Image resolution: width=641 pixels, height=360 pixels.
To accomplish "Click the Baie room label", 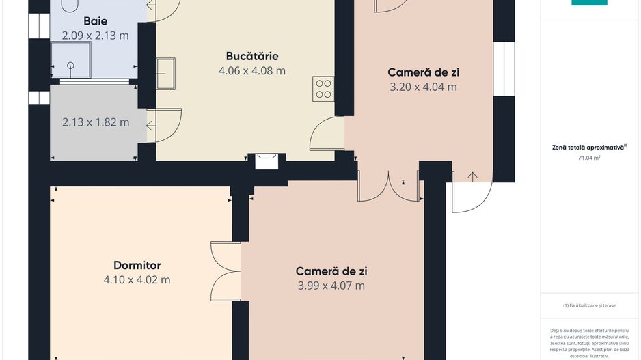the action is (x=95, y=21).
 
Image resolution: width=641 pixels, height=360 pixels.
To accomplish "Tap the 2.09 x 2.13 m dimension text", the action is (x=95, y=36).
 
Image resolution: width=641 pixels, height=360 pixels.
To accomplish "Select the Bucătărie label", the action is (x=251, y=56).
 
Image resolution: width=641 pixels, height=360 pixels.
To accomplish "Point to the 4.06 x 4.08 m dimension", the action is (x=251, y=70).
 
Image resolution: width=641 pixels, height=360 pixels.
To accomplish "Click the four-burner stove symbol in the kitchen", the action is (x=323, y=89).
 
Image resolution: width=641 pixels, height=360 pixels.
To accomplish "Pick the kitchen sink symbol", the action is (x=165, y=74).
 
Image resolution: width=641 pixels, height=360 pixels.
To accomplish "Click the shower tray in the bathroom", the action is (x=70, y=59).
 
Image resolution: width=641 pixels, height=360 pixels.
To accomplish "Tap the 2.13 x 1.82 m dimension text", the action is (x=96, y=122).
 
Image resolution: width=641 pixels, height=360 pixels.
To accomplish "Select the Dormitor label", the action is (x=137, y=265).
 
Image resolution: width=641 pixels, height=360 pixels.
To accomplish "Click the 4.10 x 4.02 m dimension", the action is (x=137, y=280).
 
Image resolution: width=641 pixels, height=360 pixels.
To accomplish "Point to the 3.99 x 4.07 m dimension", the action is (x=331, y=286).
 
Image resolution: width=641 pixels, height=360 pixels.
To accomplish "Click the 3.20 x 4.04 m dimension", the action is (x=423, y=87).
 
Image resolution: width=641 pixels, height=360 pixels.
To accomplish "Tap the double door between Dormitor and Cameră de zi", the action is (x=226, y=271).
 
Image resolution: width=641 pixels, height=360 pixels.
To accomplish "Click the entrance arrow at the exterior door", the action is (x=473, y=176).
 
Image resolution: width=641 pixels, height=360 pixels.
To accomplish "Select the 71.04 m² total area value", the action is (x=589, y=158).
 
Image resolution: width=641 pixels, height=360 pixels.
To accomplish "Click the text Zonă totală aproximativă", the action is (x=588, y=147).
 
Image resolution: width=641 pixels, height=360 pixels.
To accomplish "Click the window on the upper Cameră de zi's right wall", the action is (x=504, y=68).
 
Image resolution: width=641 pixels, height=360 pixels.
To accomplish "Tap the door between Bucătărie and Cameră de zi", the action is (x=327, y=134).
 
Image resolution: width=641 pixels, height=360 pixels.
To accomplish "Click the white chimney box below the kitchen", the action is (x=267, y=161).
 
